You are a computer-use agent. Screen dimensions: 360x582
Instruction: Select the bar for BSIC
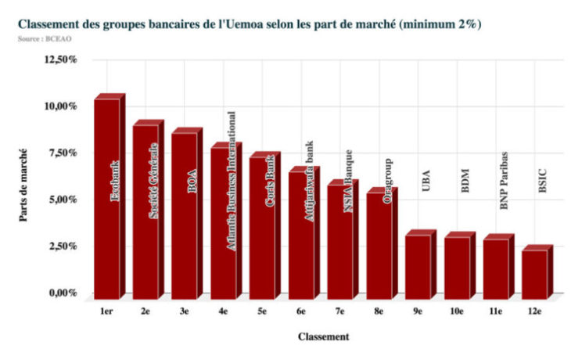tap(535, 274)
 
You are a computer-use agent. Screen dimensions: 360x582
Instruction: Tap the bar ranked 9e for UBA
tap(419, 266)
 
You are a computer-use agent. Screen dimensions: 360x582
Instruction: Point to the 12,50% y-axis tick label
tap(59, 60)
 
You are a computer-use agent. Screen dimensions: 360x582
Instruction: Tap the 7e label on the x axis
tap(340, 312)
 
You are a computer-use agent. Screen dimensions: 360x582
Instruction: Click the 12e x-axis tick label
tap(535, 312)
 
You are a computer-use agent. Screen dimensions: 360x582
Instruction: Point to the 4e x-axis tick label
tap(224, 312)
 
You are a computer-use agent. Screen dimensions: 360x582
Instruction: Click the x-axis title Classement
tap(323, 337)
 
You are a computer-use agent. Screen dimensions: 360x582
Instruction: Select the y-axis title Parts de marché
tap(24, 185)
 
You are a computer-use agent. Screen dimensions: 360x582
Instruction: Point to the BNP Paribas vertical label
tap(504, 181)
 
